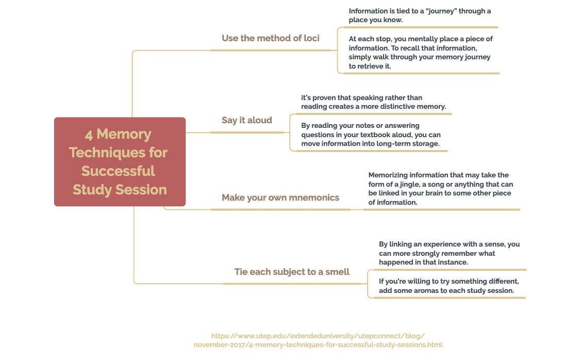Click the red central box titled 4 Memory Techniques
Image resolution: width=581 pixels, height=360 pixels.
tap(120, 161)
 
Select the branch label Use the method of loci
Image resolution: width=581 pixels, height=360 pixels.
tap(270, 38)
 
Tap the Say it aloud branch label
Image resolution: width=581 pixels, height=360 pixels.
tap(247, 120)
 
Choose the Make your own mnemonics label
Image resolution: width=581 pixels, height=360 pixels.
tap(280, 198)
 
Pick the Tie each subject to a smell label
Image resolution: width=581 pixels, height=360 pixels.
tap(292, 272)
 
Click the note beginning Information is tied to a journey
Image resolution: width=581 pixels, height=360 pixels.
tap(420, 15)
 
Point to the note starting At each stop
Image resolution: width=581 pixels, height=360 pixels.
tap(421, 53)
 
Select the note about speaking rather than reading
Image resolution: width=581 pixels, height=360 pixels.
tap(373, 102)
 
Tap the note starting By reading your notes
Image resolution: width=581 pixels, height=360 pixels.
tap(370, 135)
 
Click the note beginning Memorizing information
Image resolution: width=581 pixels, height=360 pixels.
tap(440, 189)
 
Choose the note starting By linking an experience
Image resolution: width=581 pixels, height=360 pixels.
tap(449, 253)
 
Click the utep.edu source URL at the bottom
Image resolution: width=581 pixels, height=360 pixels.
tap(318, 340)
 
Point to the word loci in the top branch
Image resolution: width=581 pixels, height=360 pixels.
tap(311, 38)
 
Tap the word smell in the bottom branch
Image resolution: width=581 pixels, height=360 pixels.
tap(337, 272)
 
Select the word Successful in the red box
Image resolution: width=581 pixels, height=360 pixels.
tap(118, 171)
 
